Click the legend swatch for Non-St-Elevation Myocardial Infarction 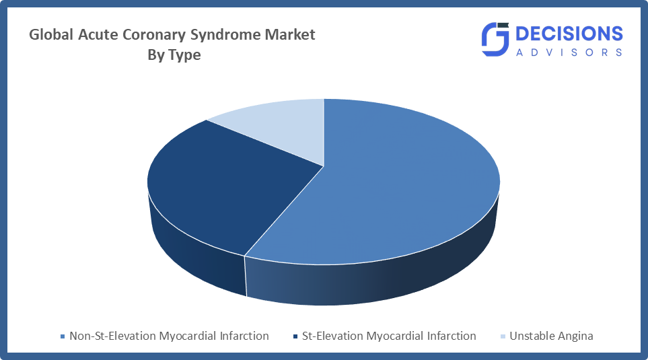coord(63,336)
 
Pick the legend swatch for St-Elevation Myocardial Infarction coord(295,336)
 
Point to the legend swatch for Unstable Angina coord(503,336)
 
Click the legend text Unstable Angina coord(551,336)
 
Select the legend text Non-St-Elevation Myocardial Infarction coord(169,336)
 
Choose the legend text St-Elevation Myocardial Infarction coord(389,336)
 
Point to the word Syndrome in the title coord(225,35)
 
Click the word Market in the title coord(290,34)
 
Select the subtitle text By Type coord(174,55)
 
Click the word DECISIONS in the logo coord(569,34)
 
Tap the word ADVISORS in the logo coord(569,52)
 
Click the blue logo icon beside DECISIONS coord(495,39)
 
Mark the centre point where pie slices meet coord(324,166)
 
